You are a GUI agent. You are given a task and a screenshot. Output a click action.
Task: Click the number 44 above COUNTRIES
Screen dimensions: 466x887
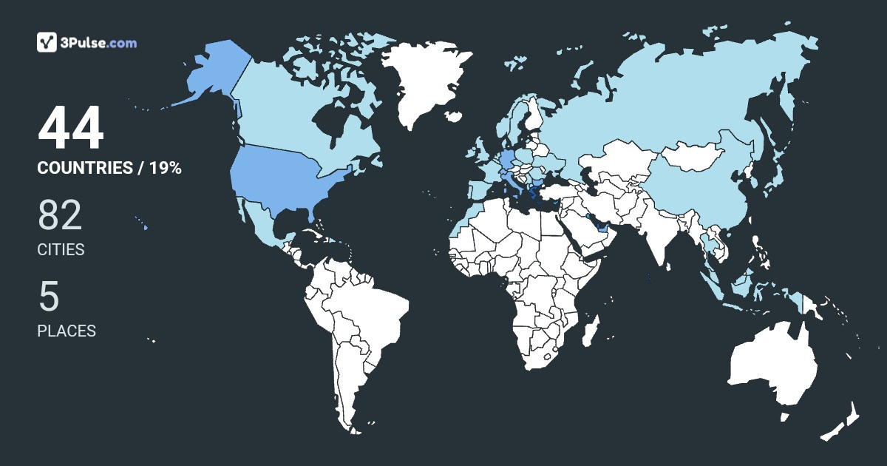point(71,130)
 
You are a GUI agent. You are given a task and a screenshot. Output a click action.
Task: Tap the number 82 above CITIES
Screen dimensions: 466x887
point(60,215)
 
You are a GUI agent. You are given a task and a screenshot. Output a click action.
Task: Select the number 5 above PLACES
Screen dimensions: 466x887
point(49,297)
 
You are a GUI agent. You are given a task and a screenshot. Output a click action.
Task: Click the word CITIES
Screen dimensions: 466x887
point(61,250)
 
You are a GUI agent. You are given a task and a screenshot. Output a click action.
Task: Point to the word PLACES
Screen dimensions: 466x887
point(67,331)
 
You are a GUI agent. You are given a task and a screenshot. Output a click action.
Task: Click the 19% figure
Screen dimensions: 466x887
point(166,168)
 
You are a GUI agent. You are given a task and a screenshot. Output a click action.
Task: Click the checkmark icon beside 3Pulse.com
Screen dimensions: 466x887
point(47,42)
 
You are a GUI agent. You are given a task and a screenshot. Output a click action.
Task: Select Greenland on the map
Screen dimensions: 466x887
point(425,81)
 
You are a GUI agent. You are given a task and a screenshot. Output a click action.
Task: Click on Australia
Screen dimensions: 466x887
point(772,366)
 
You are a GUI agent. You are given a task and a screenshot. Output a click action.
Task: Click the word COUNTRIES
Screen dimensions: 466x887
point(84,168)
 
